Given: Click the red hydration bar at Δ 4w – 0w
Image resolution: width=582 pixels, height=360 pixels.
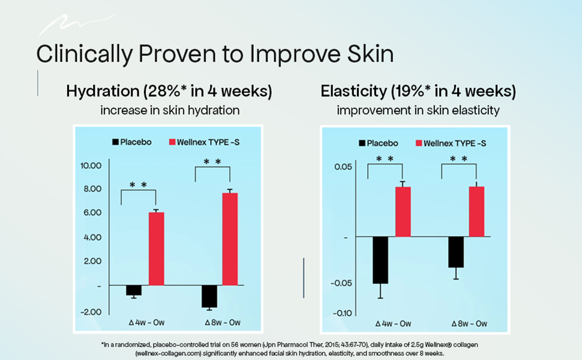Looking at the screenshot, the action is (x=156, y=248).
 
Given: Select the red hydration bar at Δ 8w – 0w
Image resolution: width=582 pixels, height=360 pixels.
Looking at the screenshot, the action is (x=230, y=239).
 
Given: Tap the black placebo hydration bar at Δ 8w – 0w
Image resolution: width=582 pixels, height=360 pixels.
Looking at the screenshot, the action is (x=209, y=296).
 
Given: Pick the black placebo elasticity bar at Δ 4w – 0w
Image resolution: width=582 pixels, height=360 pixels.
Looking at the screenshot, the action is (x=380, y=260).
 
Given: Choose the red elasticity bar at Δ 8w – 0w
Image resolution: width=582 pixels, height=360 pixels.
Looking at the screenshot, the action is (x=476, y=212).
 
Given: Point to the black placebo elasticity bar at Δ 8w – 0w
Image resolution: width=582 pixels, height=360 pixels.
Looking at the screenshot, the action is (x=456, y=252).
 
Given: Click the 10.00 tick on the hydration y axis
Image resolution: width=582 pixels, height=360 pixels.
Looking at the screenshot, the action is (x=91, y=166).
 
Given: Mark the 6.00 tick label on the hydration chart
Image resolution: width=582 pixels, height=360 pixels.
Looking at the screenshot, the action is (x=92, y=212).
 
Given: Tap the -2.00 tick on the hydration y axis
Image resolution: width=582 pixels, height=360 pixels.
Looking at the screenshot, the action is (x=91, y=312).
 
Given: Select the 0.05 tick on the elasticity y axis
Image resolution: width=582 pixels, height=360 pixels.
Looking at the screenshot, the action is (x=343, y=167).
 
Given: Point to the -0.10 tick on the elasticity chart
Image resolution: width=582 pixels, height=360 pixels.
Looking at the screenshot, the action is (x=342, y=313).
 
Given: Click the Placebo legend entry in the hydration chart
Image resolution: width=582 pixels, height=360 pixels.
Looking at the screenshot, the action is (x=132, y=142).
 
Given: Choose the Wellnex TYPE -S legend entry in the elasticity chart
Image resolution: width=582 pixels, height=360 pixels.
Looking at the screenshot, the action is (x=451, y=143).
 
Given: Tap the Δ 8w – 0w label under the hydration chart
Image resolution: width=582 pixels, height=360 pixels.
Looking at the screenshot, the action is (x=223, y=323).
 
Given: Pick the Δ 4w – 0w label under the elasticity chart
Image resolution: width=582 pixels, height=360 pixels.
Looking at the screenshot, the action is (x=393, y=323).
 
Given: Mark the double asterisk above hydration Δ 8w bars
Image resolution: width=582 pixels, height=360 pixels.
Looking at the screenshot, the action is (x=212, y=162).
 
